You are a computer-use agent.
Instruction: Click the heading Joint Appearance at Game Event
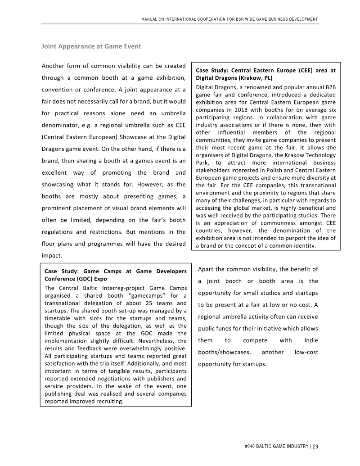tap(91, 46)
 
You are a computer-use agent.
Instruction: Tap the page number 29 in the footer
tap(315, 447)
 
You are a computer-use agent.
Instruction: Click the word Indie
tap(311, 340)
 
